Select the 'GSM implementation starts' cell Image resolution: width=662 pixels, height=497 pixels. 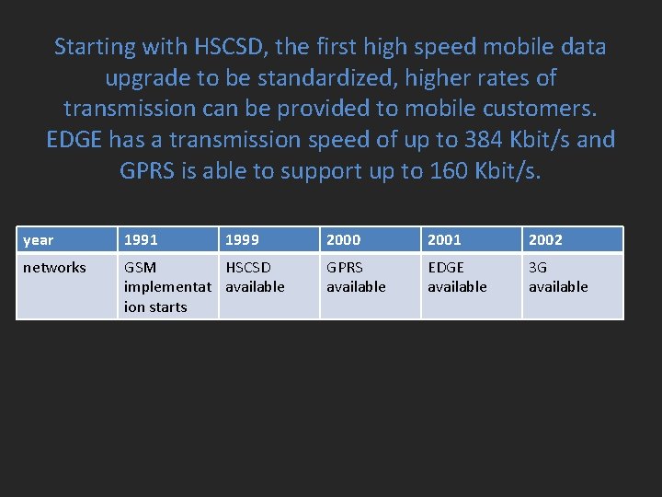coord(167,286)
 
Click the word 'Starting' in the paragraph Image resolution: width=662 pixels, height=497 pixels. coord(95,47)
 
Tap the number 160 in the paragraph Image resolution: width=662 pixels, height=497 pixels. coord(451,172)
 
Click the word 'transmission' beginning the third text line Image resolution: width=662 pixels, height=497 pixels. coord(130,110)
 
